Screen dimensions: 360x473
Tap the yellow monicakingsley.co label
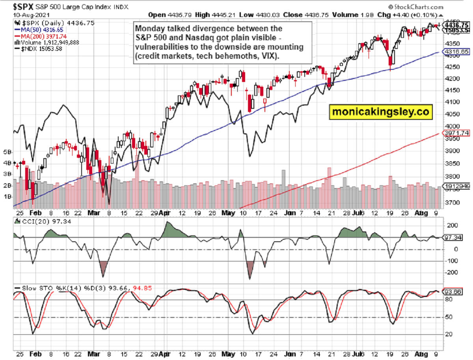(x=380, y=112)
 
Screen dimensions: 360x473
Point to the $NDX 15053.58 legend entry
(x=33, y=48)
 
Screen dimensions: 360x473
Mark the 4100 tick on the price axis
(x=449, y=102)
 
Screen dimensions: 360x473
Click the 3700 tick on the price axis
(x=449, y=203)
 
